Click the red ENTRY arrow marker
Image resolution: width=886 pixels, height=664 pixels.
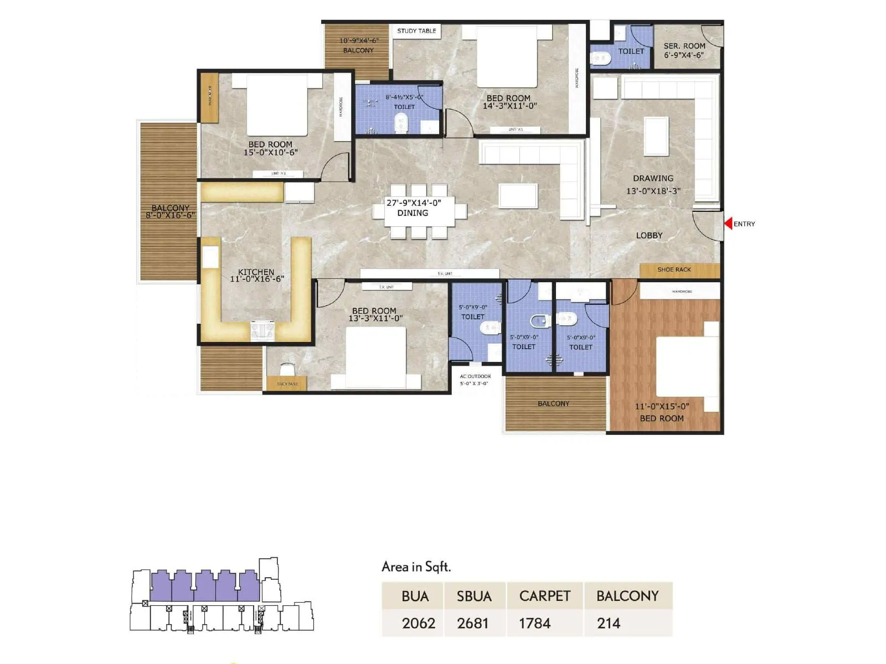click(x=728, y=224)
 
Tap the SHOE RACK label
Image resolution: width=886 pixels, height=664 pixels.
click(x=674, y=269)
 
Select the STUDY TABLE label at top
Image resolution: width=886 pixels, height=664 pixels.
click(x=416, y=31)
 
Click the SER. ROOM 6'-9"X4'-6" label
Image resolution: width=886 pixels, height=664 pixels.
click(x=684, y=50)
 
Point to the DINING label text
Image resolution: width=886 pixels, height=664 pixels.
click(x=413, y=213)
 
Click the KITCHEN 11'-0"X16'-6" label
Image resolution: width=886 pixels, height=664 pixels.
click(x=256, y=276)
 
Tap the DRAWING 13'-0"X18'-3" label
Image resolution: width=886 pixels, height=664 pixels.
click(x=653, y=184)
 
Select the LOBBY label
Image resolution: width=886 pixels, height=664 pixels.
click(x=649, y=235)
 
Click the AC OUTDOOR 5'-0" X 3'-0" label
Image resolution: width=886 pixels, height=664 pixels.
click(x=475, y=380)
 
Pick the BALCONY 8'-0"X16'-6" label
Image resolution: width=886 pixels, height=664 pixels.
click(x=170, y=211)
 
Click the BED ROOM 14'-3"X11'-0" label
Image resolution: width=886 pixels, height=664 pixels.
click(x=509, y=102)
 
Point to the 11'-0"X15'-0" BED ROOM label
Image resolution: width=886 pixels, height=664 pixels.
click(x=662, y=412)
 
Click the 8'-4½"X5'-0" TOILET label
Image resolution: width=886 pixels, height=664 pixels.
click(x=404, y=102)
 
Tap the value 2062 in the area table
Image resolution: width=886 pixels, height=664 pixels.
click(x=418, y=623)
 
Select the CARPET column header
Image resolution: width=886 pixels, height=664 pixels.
click(x=544, y=596)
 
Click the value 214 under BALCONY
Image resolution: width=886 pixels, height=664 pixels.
click(x=609, y=623)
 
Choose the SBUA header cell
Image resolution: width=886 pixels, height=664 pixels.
click(x=474, y=596)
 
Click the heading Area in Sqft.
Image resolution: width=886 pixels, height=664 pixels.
click(x=416, y=567)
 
